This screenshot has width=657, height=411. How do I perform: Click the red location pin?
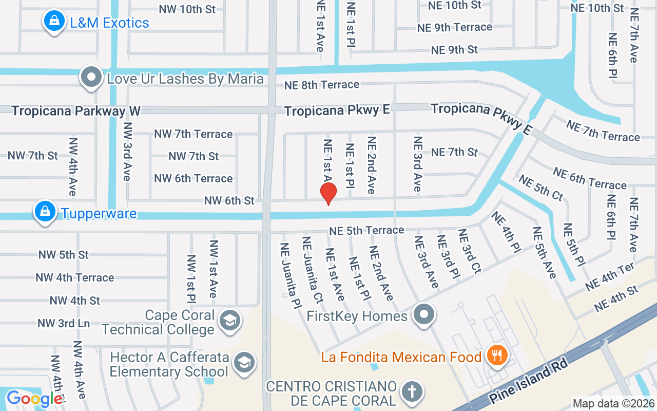point(328,194)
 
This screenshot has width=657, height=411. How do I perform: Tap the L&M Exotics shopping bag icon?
point(53,22)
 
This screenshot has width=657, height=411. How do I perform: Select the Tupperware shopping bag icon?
point(45,211)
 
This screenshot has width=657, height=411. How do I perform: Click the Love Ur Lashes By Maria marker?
point(91,78)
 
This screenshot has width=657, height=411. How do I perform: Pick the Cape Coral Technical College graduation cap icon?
point(229,321)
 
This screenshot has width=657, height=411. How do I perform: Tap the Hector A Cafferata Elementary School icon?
point(244,363)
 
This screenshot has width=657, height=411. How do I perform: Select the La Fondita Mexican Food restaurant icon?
point(496,355)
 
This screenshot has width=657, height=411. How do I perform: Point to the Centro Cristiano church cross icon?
point(412,392)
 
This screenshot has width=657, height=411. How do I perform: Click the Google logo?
point(34,399)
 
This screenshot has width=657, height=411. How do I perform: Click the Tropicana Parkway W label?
point(76,111)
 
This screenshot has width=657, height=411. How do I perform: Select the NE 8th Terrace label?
point(322,85)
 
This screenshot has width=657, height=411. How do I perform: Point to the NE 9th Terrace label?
point(454,28)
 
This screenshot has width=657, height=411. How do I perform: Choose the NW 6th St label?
point(229,200)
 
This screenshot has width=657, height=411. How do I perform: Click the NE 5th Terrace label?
point(366,231)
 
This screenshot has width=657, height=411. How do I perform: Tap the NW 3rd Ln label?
point(64,323)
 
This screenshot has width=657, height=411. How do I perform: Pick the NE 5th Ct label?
point(541,188)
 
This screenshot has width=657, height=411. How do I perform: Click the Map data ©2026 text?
point(613,403)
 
